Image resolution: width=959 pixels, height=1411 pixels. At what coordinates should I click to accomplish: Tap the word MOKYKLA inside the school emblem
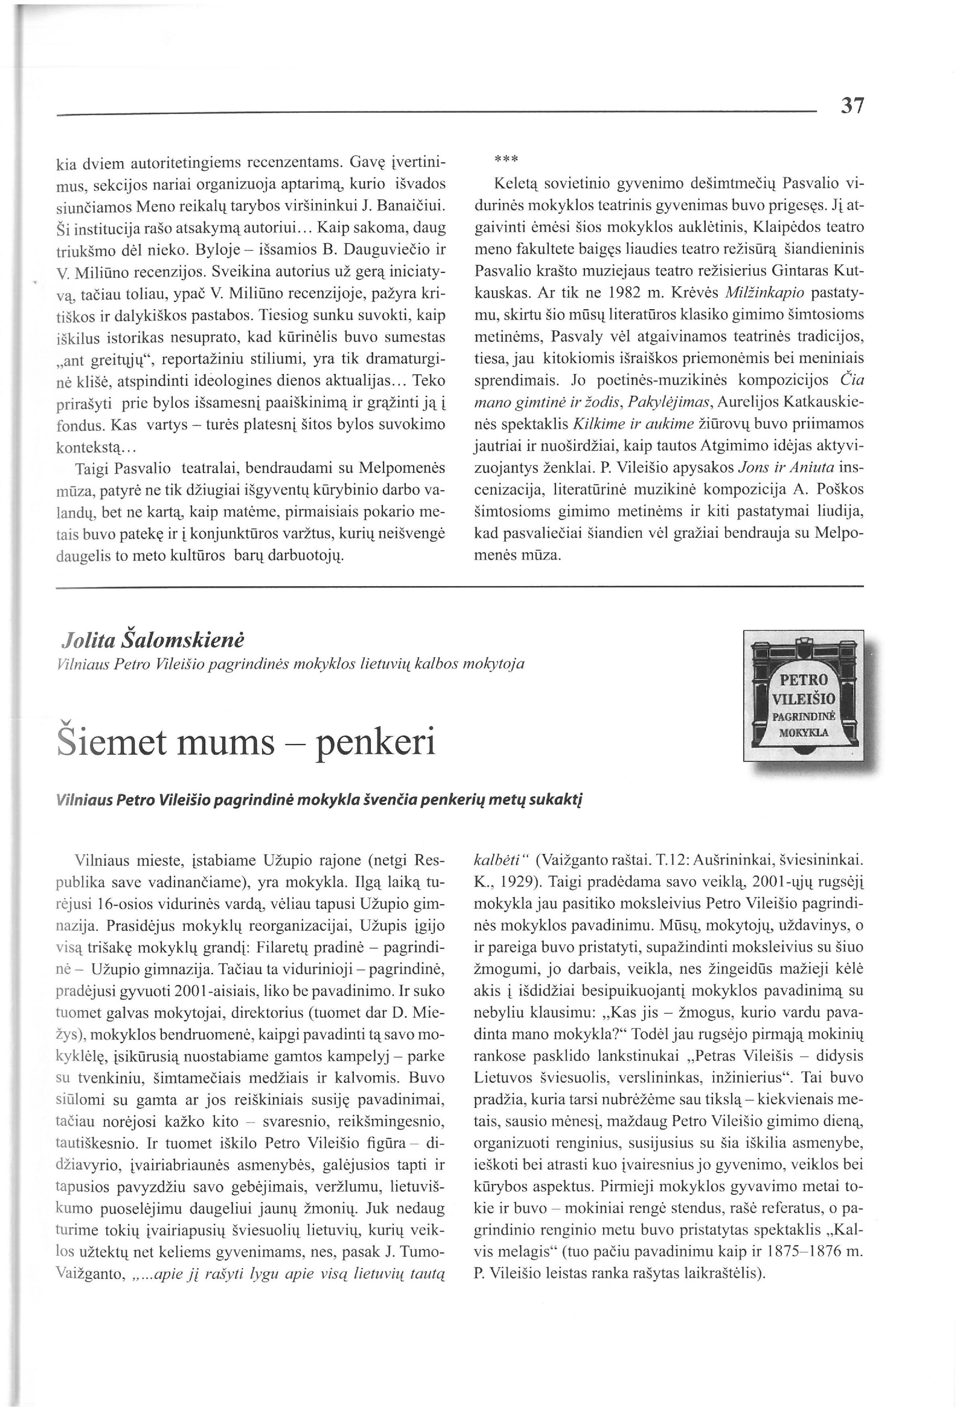[x=803, y=732]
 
